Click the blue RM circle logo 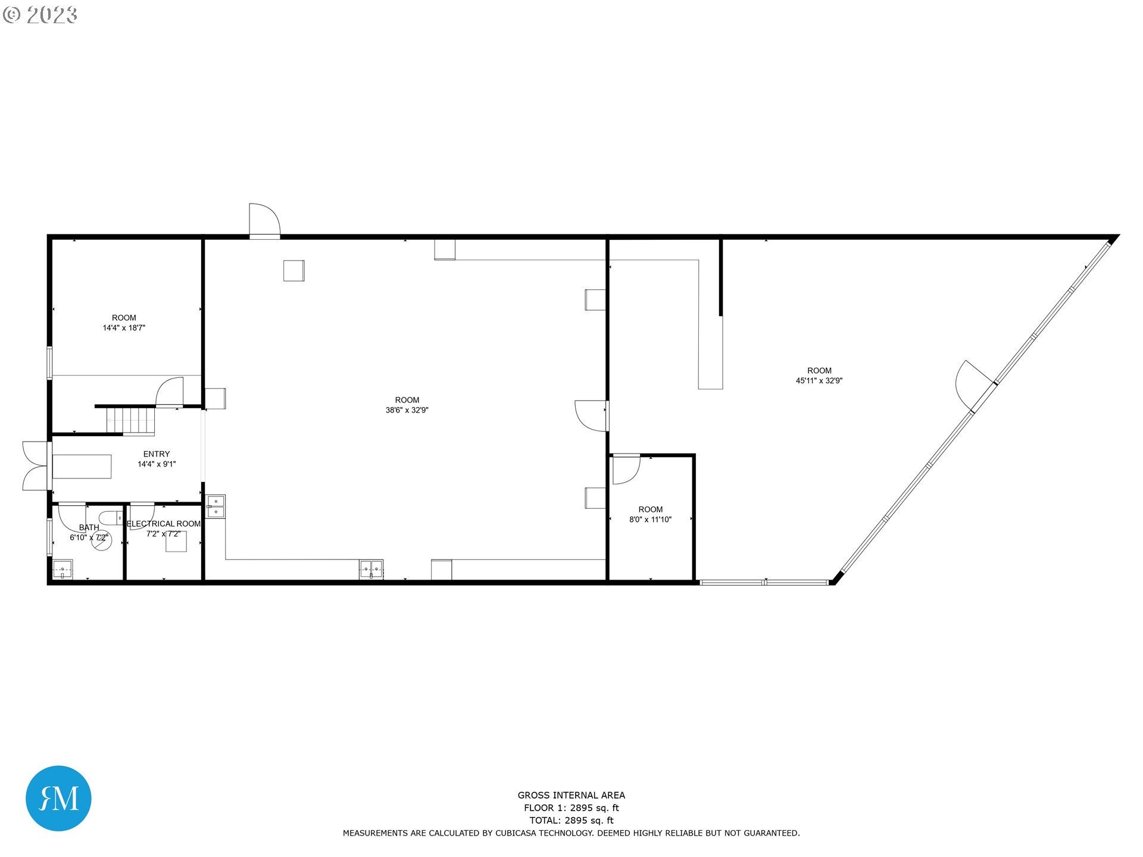[58, 798]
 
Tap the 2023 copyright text [40, 15]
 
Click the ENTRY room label [157, 454]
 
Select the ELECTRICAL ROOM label [164, 524]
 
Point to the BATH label [89, 527]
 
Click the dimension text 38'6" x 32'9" [407, 410]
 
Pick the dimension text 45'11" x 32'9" [819, 381]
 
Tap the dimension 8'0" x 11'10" [651, 520]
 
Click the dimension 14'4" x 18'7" [124, 328]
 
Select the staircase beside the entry [131, 421]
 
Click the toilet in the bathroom [111, 518]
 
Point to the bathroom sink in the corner [63, 569]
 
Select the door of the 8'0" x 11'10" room [626, 470]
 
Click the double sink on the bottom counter [371, 570]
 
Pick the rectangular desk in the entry [82, 467]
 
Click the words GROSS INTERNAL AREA [571, 795]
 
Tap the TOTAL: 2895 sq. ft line [571, 820]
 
